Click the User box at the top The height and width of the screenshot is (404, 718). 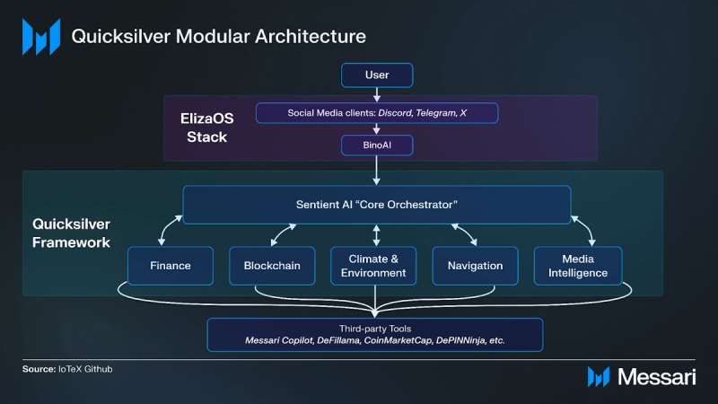[x=376, y=75]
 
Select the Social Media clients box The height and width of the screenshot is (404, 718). [x=376, y=113]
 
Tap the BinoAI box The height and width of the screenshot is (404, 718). [x=376, y=144]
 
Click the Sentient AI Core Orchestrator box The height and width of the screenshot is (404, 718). [x=376, y=205]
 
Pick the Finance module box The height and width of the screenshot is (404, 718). [x=170, y=266]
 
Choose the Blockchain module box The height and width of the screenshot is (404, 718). [x=272, y=266]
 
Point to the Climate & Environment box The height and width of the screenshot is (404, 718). [x=376, y=266]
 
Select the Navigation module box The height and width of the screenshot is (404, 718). [x=475, y=266]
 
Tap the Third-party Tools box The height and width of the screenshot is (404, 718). [x=376, y=335]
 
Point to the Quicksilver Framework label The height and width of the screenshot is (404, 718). [x=72, y=233]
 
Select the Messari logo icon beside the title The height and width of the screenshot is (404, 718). [x=40, y=37]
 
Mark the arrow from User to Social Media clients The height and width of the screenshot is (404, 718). [x=376, y=94]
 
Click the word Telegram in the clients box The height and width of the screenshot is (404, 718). [x=433, y=113]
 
